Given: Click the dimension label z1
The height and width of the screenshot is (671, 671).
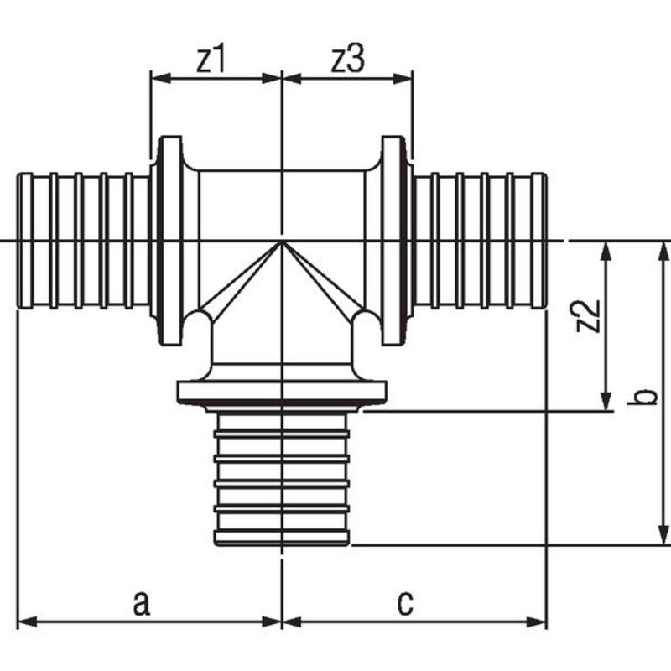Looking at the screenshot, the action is click(x=211, y=60).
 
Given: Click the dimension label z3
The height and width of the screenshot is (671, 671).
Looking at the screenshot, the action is click(x=348, y=60).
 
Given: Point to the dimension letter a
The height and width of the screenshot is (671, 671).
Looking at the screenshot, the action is click(x=142, y=602).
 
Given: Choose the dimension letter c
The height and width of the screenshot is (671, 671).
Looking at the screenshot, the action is click(x=405, y=602).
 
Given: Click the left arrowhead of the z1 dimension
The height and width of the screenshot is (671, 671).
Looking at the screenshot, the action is click(x=161, y=78).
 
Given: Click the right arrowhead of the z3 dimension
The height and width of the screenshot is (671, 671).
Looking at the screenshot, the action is click(x=403, y=78).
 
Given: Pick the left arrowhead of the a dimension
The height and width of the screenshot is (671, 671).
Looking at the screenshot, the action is click(x=28, y=622).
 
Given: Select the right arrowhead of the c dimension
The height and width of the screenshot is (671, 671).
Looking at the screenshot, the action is click(x=537, y=622).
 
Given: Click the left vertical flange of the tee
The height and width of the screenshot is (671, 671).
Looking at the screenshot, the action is click(x=170, y=241).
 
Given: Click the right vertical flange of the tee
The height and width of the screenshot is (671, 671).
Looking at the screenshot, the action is click(x=393, y=241).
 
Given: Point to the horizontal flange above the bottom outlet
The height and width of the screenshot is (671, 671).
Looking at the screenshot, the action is click(x=282, y=392).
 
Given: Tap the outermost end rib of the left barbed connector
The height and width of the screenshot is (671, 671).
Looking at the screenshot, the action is click(x=25, y=241).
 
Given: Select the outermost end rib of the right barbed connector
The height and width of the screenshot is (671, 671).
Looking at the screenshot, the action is click(x=538, y=241).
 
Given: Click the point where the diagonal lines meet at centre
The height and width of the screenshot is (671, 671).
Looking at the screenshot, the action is click(x=281, y=242).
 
